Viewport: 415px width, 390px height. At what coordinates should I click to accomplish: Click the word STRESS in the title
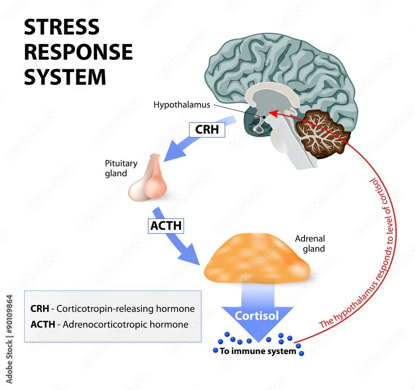(61, 27)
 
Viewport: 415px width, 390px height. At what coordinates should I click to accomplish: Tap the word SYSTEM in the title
(65, 77)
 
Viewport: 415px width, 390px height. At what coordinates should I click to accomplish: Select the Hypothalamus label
(181, 105)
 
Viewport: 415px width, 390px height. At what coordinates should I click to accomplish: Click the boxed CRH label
(206, 130)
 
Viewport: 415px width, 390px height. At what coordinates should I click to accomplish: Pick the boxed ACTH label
(166, 227)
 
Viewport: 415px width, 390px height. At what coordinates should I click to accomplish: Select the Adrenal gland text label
(310, 244)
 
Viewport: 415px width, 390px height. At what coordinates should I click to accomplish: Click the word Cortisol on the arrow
(256, 316)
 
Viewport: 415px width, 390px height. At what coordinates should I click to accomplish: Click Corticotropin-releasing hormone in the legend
(125, 309)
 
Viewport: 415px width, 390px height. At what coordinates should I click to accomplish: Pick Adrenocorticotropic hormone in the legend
(124, 324)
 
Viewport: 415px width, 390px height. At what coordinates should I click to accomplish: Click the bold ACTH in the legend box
(42, 324)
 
